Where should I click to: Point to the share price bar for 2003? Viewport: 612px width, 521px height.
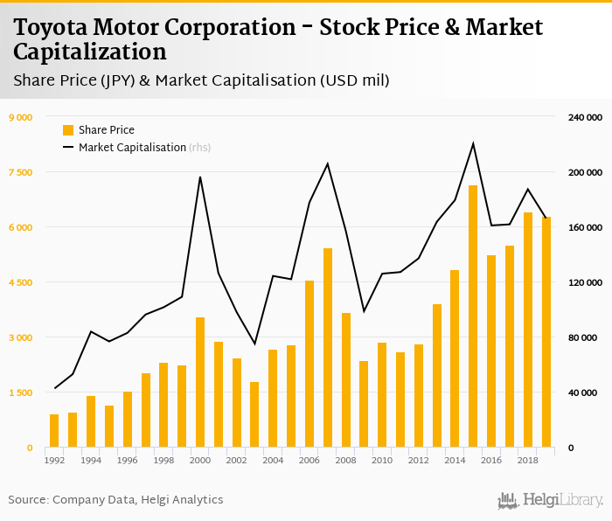[254, 414]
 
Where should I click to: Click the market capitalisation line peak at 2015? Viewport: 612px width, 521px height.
[473, 143]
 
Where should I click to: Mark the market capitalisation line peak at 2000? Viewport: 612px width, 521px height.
[200, 177]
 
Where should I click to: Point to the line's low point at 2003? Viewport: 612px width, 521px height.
[254, 344]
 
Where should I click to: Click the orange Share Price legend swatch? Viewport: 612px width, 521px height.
[68, 130]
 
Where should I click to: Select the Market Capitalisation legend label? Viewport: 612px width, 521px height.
[132, 148]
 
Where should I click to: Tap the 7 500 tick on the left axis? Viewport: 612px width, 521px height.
[20, 172]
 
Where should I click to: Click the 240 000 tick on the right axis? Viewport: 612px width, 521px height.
[581, 117]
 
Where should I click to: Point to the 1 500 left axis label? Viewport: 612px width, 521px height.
[20, 392]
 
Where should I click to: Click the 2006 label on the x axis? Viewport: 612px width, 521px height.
[309, 460]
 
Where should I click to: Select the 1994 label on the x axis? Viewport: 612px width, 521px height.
[91, 460]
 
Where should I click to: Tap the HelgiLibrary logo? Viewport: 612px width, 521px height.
[550, 500]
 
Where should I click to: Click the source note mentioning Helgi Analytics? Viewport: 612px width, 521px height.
[115, 500]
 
